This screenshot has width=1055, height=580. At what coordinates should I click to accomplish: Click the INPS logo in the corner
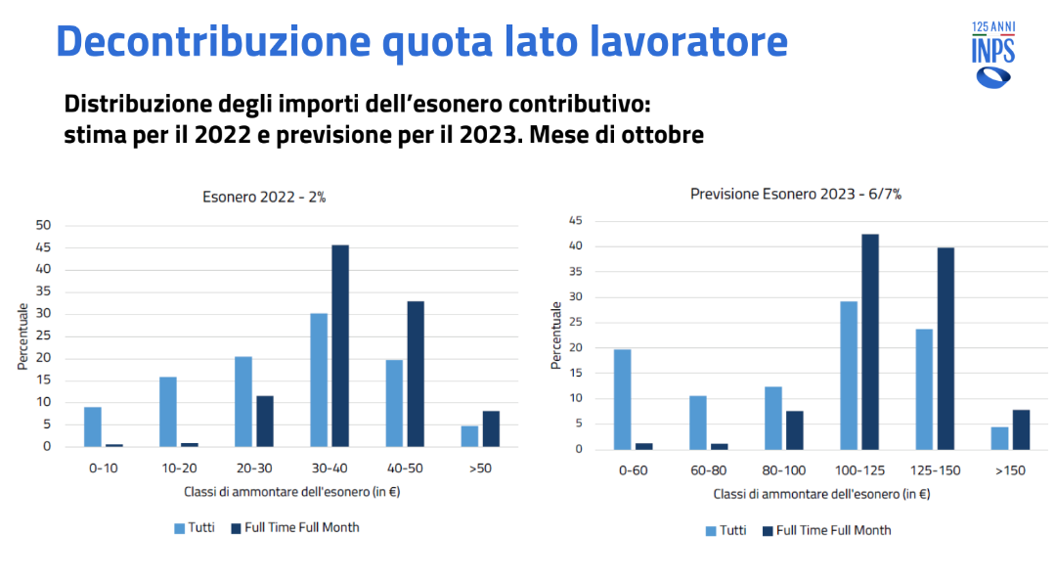click(992, 54)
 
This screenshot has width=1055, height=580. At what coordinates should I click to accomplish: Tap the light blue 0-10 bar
click(93, 426)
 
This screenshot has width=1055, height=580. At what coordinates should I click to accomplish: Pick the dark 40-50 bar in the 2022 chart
click(416, 374)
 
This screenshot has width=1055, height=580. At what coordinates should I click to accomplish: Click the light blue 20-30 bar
click(243, 401)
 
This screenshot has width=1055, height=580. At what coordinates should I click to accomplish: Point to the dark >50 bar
click(491, 428)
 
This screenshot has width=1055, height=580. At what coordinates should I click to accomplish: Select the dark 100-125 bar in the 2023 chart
click(870, 341)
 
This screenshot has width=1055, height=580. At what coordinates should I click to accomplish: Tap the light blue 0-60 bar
click(622, 399)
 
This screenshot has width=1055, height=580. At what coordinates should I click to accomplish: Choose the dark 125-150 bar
click(945, 348)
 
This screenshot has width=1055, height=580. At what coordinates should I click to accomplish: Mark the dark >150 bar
click(1021, 429)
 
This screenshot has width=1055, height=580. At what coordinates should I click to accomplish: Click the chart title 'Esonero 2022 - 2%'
click(264, 197)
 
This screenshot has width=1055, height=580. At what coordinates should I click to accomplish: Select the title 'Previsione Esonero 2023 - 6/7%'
click(796, 194)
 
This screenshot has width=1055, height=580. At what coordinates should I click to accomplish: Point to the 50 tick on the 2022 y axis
click(44, 225)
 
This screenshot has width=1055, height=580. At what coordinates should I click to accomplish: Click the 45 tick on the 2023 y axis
click(578, 221)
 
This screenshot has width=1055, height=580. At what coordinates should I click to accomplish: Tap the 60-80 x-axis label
click(707, 470)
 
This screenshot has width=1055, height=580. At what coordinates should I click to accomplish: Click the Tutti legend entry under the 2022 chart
click(195, 527)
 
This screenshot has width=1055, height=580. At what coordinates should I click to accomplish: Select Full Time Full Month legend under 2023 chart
click(826, 530)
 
